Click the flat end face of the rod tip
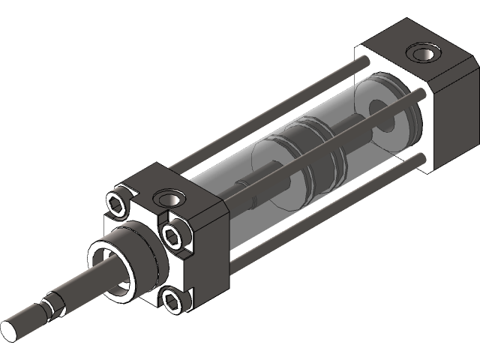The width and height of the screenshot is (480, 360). coord(14,329)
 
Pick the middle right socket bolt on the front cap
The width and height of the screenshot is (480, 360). coord(174,238)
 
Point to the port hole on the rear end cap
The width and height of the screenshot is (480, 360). coord(420,54)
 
